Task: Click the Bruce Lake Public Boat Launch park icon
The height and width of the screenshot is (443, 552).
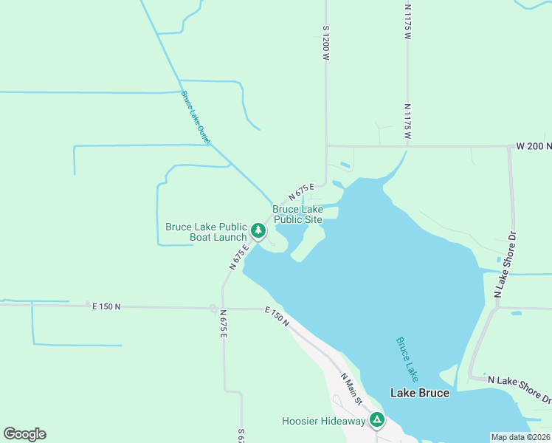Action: (x=258, y=231)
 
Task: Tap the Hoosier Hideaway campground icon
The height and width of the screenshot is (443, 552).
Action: (x=377, y=420)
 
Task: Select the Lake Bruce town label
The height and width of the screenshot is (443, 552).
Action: (x=419, y=393)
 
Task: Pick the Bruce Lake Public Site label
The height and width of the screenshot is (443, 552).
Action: (x=297, y=214)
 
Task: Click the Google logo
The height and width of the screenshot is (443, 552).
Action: (x=24, y=434)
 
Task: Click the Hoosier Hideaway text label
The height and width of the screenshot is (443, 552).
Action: (x=323, y=421)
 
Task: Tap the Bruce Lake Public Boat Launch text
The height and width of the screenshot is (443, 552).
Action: (x=206, y=232)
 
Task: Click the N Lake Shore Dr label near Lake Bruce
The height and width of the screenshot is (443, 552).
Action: (x=520, y=388)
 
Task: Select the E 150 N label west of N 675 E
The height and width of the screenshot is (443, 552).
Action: (x=106, y=306)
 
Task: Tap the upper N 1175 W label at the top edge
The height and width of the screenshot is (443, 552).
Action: (x=407, y=21)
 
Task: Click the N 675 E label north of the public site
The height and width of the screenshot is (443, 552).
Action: (x=302, y=193)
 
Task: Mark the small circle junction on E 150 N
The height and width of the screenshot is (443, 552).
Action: (x=213, y=309)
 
